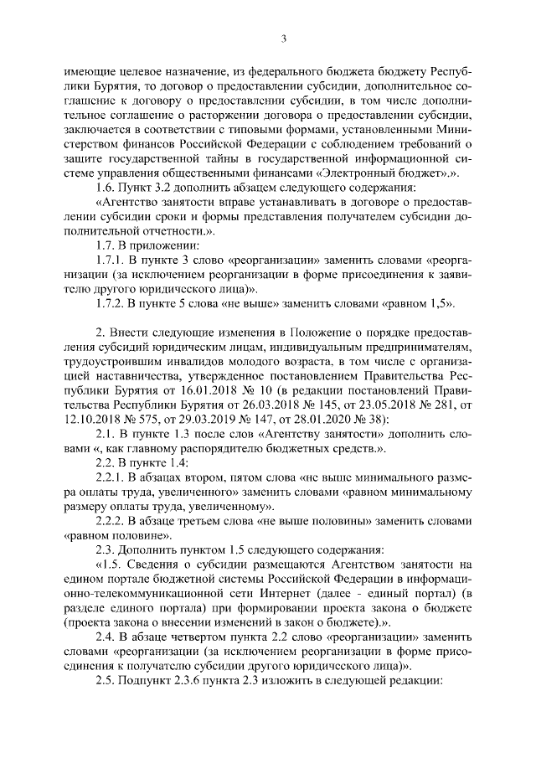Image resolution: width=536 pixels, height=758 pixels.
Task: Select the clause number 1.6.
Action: [x=107, y=186]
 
